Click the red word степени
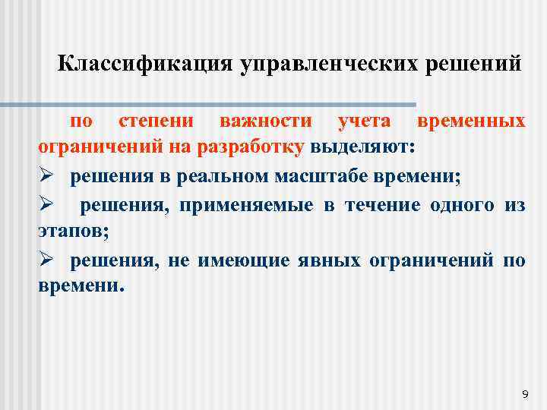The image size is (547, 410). click(x=155, y=121)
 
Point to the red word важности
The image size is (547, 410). click(x=265, y=121)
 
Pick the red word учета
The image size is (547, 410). click(x=365, y=121)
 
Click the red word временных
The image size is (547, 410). click(x=471, y=121)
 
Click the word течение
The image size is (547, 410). click(x=377, y=206)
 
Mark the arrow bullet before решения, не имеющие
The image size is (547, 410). click(x=45, y=260)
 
